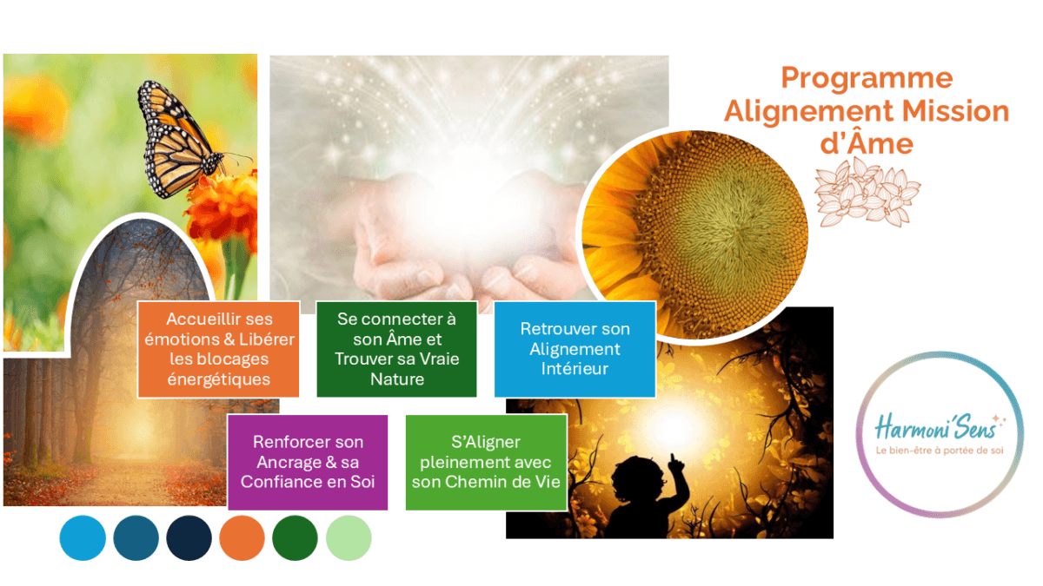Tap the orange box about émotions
218,349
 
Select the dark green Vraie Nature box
396,349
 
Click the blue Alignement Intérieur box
575,349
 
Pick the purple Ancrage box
308,462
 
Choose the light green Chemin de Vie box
486,462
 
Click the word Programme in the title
867,79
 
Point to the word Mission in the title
955,112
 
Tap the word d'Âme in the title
867,142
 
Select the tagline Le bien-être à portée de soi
940,451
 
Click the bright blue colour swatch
83,537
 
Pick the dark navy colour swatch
189,537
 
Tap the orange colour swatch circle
242,537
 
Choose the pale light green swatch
349,537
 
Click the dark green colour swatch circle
295,537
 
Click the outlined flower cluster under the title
867,192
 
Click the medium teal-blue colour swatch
136,537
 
